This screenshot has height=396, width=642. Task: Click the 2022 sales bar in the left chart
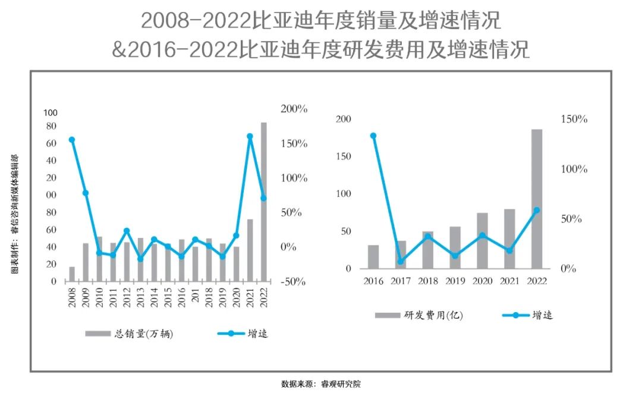click(x=264, y=202)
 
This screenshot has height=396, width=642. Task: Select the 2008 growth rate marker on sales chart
click(x=72, y=140)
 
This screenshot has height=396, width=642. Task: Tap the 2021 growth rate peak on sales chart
click(x=250, y=136)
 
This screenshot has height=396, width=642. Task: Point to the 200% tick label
click(x=294, y=109)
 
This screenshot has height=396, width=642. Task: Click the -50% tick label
click(x=293, y=281)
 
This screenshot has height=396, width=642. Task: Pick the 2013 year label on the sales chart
click(x=141, y=296)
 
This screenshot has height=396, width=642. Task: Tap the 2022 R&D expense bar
click(x=537, y=199)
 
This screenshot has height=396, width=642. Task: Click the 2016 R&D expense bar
click(x=373, y=256)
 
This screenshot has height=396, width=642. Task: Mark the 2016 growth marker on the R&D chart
click(x=373, y=136)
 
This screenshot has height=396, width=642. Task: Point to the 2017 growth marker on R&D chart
click(x=401, y=262)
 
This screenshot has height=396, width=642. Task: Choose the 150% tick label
click(x=574, y=120)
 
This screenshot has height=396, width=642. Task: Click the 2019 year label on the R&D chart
click(x=455, y=281)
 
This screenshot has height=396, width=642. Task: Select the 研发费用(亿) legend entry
click(x=418, y=315)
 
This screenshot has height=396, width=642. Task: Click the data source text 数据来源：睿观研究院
click(x=321, y=384)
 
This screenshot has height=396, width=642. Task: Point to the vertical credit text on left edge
click(x=14, y=214)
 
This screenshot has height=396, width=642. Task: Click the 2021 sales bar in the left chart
click(x=250, y=250)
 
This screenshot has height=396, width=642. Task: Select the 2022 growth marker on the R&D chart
click(x=537, y=210)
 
